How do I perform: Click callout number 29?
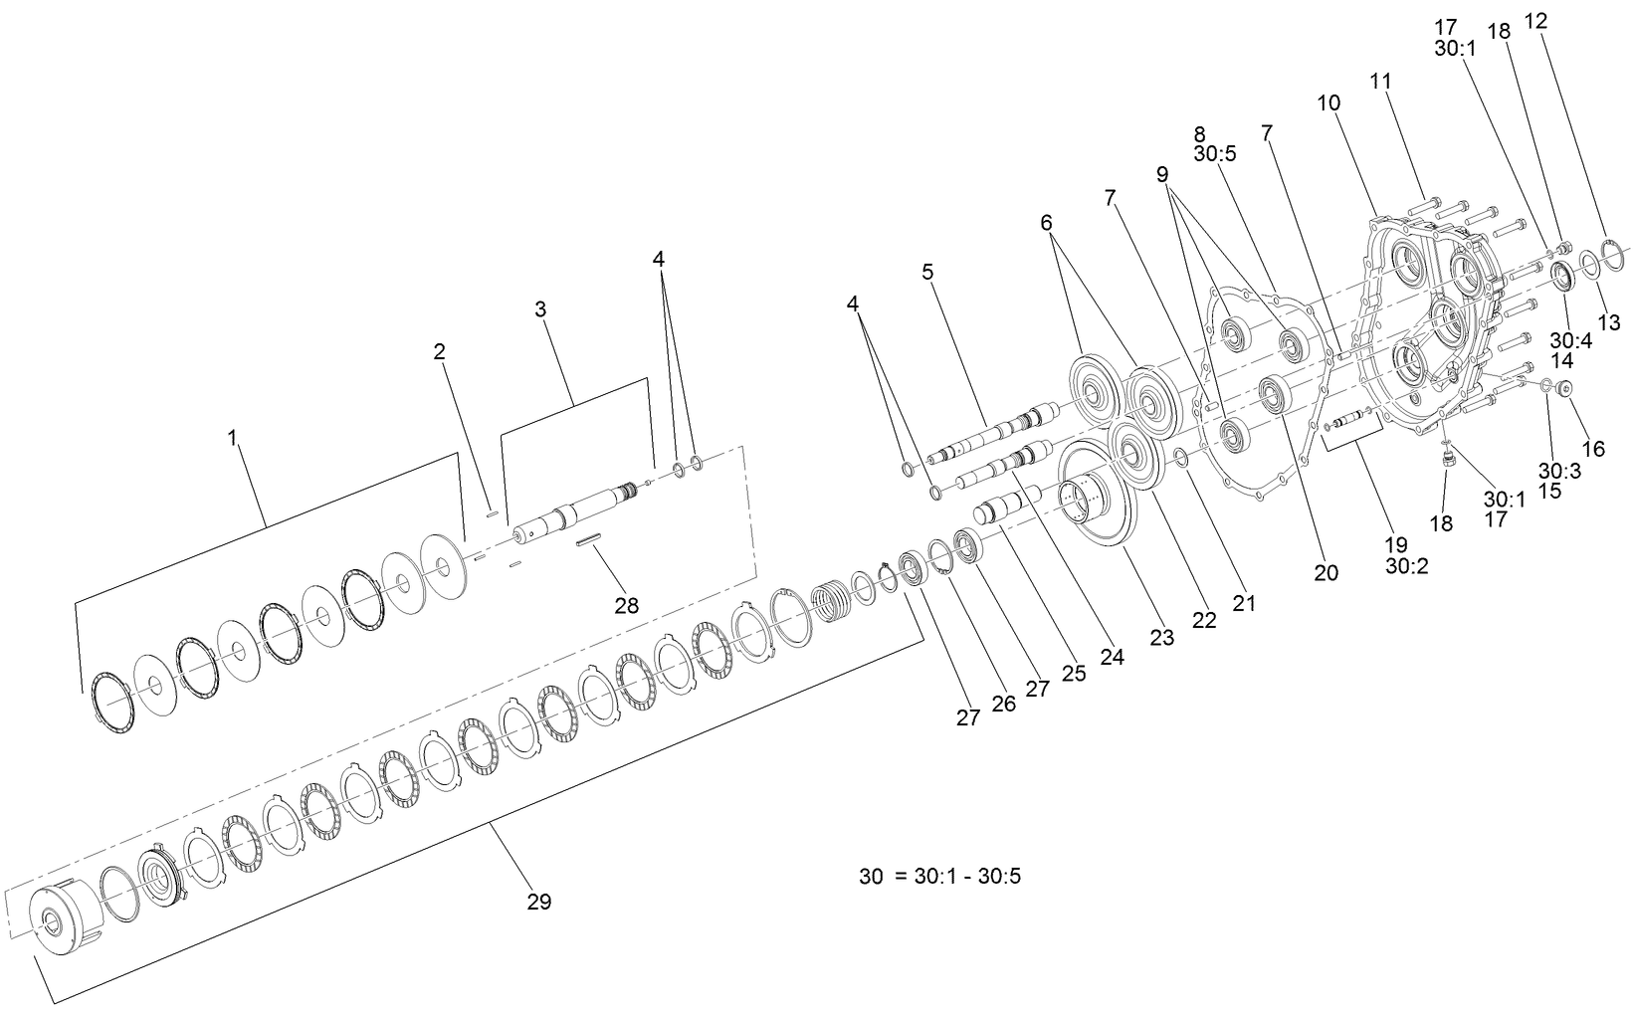click(x=538, y=902)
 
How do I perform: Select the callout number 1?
click(x=233, y=438)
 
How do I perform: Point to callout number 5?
click(x=927, y=272)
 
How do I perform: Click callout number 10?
click(x=1328, y=102)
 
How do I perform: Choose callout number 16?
click(x=1593, y=449)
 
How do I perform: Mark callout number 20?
click(x=1326, y=572)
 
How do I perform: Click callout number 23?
click(x=1162, y=638)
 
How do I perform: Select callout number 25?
click(x=1073, y=673)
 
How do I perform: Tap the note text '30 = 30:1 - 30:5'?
click(x=940, y=877)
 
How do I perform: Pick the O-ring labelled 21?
click(x=1178, y=456)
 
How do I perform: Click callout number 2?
click(x=439, y=351)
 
